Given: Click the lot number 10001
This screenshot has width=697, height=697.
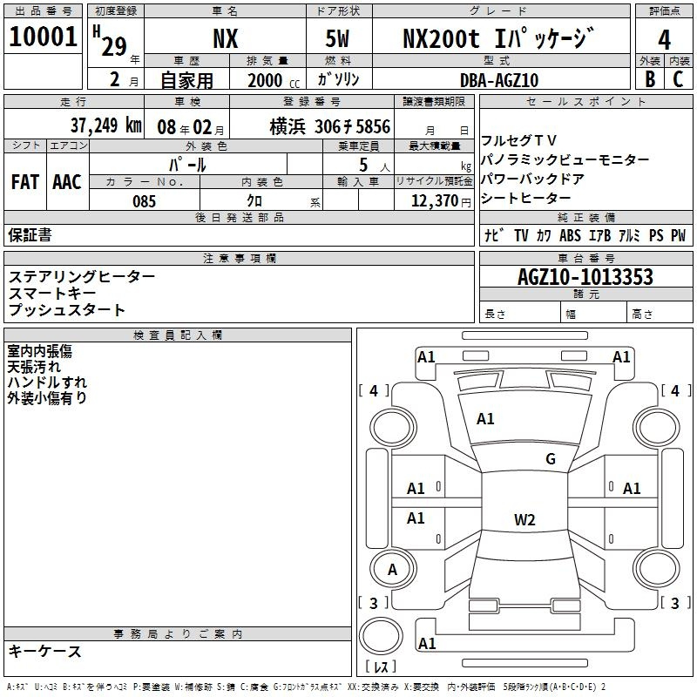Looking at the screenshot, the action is pos(43,37).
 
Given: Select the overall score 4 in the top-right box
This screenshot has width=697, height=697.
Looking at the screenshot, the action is pos(664,40).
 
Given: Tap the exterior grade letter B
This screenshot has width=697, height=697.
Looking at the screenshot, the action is pos(650,79).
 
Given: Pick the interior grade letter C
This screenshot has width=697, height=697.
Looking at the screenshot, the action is pos(678,79).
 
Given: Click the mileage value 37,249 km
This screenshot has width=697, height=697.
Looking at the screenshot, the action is pos(105,125).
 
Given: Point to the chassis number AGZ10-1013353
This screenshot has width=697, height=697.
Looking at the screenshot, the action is pos(585,277).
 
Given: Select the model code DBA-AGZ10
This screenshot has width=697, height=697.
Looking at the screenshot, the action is pos(499,80).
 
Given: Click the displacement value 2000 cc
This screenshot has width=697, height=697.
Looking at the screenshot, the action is pos(274,81).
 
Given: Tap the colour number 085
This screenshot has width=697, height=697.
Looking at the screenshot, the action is pos(145,201).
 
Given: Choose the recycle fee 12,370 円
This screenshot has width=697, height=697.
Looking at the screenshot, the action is pos(441,201).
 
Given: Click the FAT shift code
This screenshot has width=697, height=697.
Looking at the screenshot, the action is pos(25,182).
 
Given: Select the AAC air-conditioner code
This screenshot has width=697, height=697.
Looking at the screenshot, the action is pos(67,182).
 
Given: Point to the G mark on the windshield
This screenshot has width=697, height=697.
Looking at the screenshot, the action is pos(551,459).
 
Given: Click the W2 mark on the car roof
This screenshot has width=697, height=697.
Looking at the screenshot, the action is pos(524,519).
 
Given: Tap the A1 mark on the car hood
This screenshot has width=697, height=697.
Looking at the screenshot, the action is pos(485,419).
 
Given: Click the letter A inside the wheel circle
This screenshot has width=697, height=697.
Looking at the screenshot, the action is pos(392,570).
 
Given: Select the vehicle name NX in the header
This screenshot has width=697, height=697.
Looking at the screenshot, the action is pos(226,38).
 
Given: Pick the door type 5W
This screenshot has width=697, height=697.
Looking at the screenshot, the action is pos(337,38).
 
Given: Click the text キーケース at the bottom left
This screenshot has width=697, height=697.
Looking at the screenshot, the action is pos(45,652).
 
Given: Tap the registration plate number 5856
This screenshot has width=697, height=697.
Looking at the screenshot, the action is pos(373,126).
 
